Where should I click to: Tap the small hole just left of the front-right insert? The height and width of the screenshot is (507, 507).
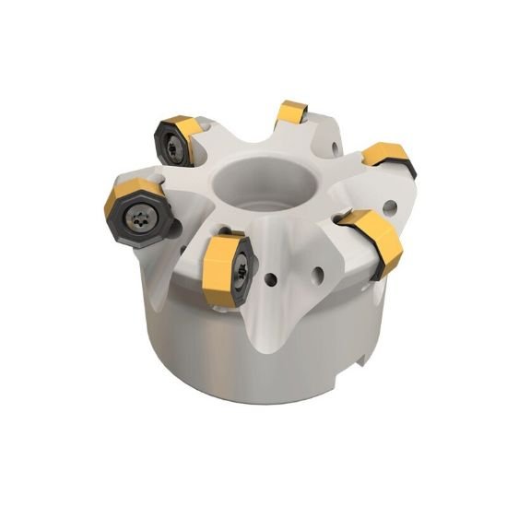pos(320,273)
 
